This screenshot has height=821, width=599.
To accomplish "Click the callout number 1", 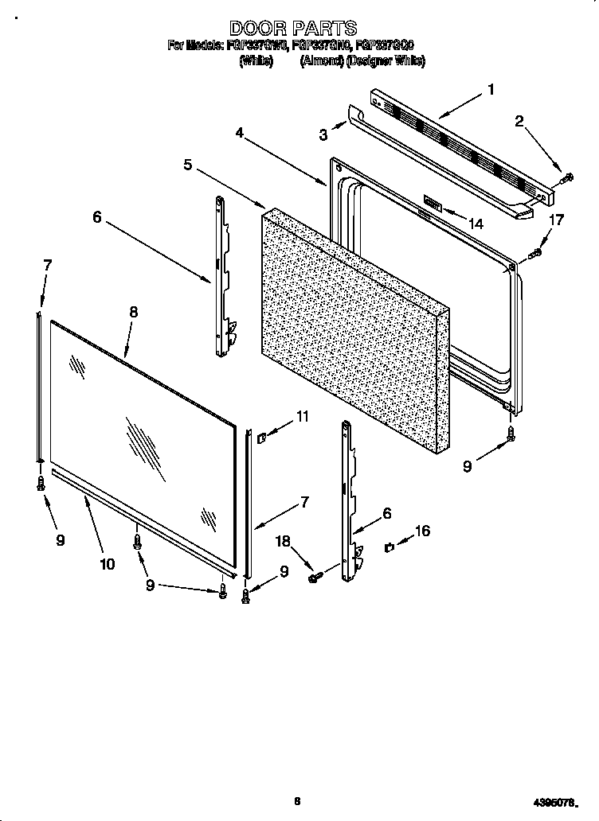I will (x=491, y=90).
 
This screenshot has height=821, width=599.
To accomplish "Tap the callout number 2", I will (x=519, y=122).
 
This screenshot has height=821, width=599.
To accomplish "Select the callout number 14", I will (x=476, y=224).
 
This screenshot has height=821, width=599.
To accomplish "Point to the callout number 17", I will (x=557, y=220).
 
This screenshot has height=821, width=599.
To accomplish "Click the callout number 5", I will (x=188, y=165).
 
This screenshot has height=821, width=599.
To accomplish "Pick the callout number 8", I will (x=134, y=313).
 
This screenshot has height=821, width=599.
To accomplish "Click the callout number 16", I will (x=422, y=531).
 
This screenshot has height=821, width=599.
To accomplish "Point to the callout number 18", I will (x=283, y=542).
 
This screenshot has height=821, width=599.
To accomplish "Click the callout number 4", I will (x=239, y=133).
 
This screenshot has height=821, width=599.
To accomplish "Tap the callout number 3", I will (x=323, y=135).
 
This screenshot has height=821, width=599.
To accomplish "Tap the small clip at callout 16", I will (x=390, y=547).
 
